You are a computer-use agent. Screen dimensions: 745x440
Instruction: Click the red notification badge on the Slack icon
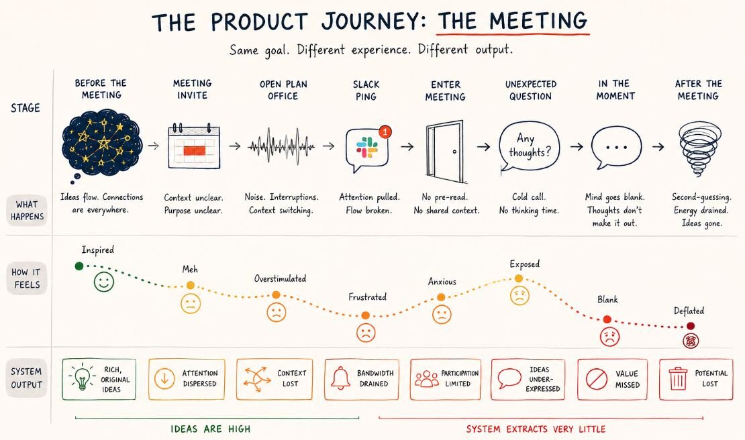click(385, 131)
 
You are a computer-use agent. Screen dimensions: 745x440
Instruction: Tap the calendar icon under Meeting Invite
click(194, 146)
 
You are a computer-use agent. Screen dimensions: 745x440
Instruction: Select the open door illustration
click(445, 151)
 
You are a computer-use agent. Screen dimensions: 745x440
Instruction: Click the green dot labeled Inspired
click(79, 266)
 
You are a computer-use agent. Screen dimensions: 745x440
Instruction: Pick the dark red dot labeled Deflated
click(691, 326)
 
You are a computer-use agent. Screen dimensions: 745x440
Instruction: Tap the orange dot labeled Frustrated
click(365, 316)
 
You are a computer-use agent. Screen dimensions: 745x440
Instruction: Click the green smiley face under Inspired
click(103, 282)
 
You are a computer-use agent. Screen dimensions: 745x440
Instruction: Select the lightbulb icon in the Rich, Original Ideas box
click(82, 378)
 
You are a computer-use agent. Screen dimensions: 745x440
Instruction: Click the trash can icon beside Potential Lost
click(678, 378)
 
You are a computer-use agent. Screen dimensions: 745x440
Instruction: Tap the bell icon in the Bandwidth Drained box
click(340, 378)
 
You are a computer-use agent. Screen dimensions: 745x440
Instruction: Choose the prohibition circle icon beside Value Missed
click(596, 379)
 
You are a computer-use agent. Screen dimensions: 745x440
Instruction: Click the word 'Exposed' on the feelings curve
click(525, 264)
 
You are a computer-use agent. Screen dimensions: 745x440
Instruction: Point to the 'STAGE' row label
click(26, 108)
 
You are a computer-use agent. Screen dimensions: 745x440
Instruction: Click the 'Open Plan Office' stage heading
click(283, 90)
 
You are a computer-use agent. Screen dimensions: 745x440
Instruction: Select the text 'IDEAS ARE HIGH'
click(211, 429)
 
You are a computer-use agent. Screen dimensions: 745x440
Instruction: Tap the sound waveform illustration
click(281, 146)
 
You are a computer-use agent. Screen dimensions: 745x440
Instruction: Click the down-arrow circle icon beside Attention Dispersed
click(165, 379)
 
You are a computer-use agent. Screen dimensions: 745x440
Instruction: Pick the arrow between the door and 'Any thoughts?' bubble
click(483, 147)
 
